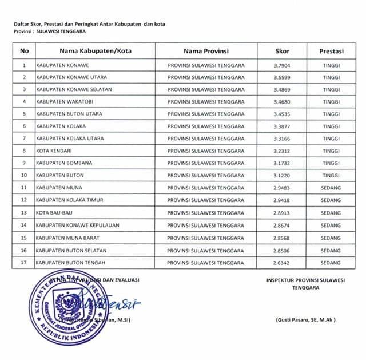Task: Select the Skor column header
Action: point(282,50)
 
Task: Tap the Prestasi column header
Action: point(331,50)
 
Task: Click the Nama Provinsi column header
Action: point(206,50)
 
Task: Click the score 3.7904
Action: point(282,65)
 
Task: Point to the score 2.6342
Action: point(282,263)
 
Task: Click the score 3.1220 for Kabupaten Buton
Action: point(282,176)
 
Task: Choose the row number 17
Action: point(24,263)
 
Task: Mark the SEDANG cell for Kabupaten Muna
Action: point(331,188)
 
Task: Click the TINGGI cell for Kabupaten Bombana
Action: point(331,163)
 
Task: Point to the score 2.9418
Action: point(282,200)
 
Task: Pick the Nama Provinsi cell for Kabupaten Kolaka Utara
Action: point(206,139)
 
